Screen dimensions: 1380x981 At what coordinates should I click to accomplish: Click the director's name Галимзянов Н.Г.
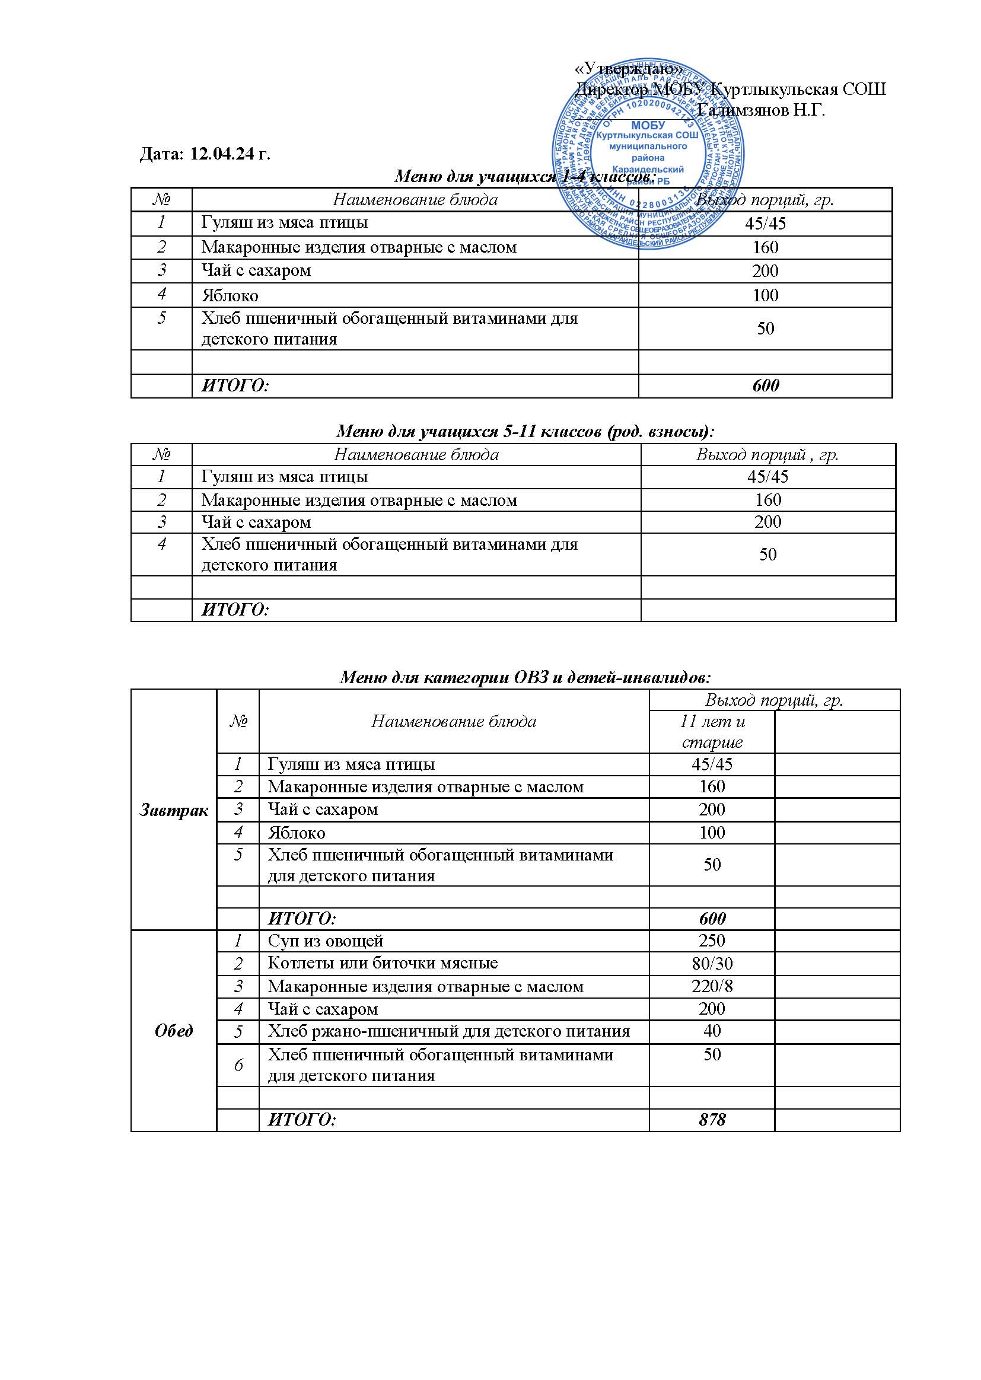coord(760,110)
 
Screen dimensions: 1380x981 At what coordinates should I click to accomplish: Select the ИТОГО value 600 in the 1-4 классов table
coord(765,385)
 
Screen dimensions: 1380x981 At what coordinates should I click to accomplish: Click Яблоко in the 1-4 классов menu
coord(230,295)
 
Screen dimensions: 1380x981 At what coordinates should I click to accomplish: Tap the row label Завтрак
coord(174,811)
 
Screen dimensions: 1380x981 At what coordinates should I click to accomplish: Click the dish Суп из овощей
coord(326,941)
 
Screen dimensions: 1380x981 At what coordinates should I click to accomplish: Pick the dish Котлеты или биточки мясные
coord(383,963)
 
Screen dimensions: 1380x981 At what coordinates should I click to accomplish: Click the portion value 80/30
coord(712,963)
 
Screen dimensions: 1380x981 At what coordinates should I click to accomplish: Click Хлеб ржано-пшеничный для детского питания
coord(449,1031)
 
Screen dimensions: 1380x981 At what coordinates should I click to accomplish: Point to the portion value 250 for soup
coord(712,941)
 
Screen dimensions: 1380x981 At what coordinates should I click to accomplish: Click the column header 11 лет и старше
coord(712,731)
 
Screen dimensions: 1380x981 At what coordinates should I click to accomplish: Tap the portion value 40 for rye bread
coord(712,1031)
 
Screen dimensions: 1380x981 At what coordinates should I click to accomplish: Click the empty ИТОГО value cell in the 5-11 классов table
coord(767,610)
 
